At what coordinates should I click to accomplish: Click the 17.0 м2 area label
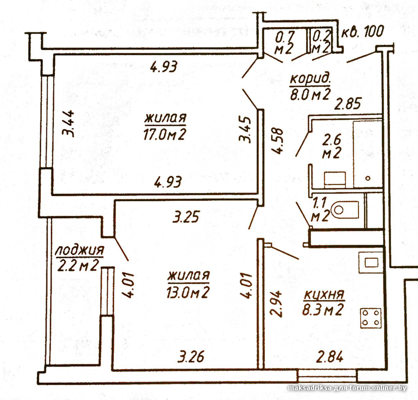coord(165,134)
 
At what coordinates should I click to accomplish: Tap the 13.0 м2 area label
coord(188,292)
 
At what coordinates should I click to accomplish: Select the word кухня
coord(324,294)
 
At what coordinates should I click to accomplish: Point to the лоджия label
coord(79,251)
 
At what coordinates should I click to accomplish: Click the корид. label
coord(310,79)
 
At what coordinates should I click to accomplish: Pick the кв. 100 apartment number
coord(363,32)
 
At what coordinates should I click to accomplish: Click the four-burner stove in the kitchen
coord(371,318)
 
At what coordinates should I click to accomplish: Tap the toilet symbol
coord(344,210)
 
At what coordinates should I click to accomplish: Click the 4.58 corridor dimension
coord(277,141)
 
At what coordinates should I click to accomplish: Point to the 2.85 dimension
coord(348,104)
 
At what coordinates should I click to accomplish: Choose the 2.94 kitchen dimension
coord(276,303)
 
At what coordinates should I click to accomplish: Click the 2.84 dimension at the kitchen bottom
coord(330,357)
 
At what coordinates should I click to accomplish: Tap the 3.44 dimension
coord(68,123)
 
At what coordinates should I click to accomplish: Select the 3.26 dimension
coord(191,357)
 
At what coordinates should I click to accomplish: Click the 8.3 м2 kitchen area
coord(322,309)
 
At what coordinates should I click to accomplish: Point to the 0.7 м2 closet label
coord(284,42)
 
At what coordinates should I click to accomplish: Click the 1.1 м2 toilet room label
coord(320,210)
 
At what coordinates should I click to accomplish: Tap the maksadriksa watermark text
coord(310,388)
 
